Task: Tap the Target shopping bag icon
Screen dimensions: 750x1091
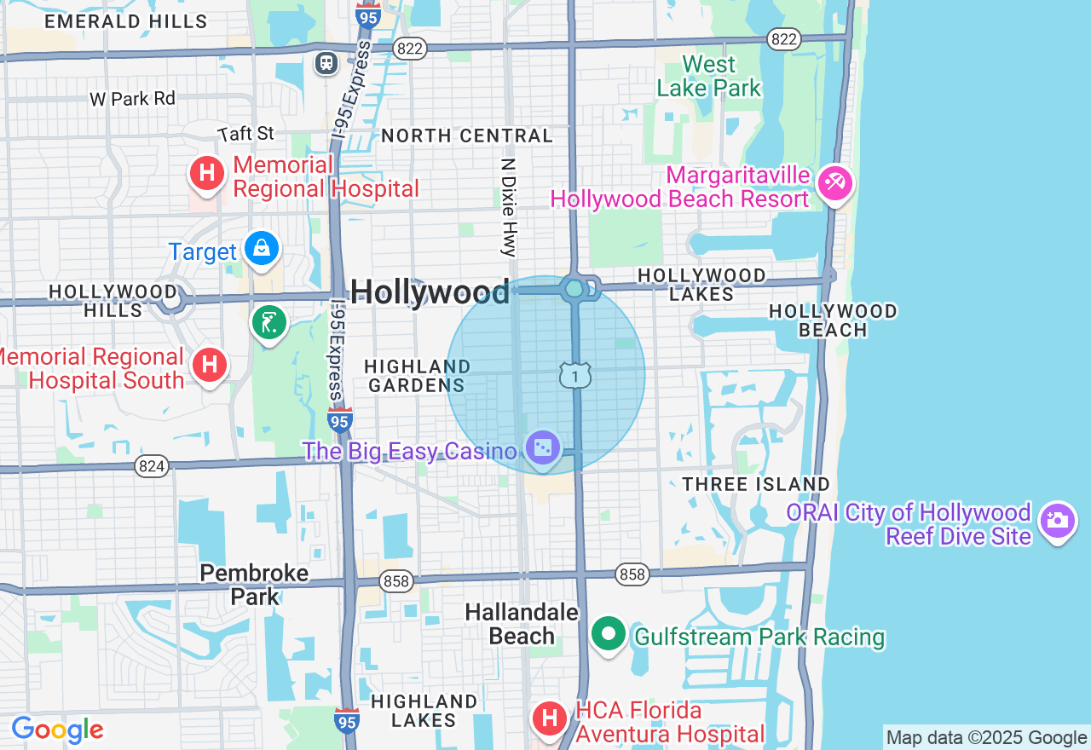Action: click(262, 249)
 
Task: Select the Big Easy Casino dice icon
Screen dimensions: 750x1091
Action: click(543, 447)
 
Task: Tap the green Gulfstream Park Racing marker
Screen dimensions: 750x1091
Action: click(608, 634)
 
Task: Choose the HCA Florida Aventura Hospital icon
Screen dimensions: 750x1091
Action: click(550, 718)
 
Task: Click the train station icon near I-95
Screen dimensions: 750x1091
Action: click(326, 63)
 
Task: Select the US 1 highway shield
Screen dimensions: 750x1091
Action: click(575, 374)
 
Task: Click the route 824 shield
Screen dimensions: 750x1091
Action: click(152, 465)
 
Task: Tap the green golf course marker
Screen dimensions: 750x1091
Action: click(269, 323)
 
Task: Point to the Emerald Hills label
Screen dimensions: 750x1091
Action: click(125, 21)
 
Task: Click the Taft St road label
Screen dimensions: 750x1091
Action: click(246, 134)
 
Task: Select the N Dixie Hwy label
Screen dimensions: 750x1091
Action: click(509, 207)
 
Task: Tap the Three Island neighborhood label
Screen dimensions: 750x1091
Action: click(755, 484)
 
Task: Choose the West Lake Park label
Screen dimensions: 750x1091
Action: click(708, 76)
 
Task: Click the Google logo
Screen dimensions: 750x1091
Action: click(57, 730)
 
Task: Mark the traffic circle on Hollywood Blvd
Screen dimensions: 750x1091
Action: click(574, 289)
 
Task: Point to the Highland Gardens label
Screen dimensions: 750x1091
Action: click(417, 375)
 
